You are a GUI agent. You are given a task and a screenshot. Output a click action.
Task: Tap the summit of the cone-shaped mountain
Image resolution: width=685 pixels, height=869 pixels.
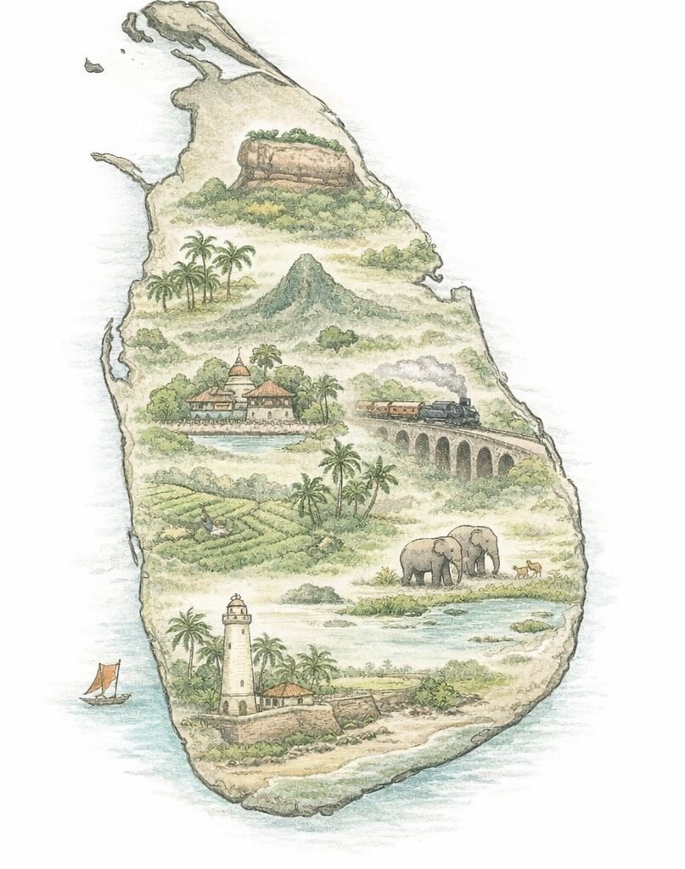pyautogui.click(x=301, y=260)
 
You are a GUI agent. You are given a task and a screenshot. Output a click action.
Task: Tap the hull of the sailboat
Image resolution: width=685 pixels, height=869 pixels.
pyautogui.click(x=105, y=699)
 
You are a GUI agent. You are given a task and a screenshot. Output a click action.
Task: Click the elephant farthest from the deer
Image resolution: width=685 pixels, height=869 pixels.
pyautogui.click(x=431, y=561)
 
